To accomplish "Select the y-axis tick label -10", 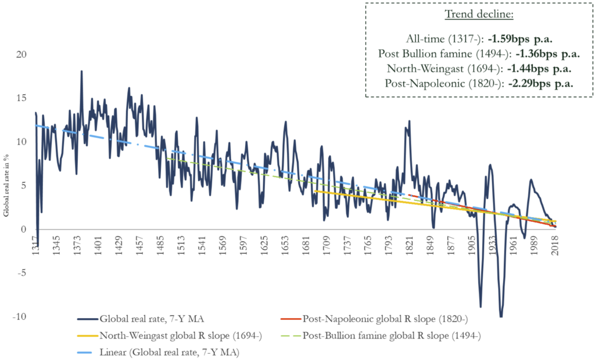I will pos(19,316).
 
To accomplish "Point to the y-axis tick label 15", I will pos(21,98).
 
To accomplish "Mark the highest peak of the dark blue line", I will pos(81,71).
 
